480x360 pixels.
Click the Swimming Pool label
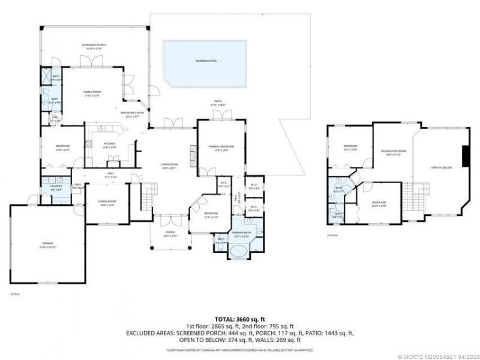click(205, 61)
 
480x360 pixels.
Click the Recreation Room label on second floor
click(394, 151)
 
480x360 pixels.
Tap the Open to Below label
click(441, 167)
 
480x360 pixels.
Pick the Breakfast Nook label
click(133, 113)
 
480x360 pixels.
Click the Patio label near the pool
click(217, 101)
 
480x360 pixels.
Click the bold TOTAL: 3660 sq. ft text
click(239, 320)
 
